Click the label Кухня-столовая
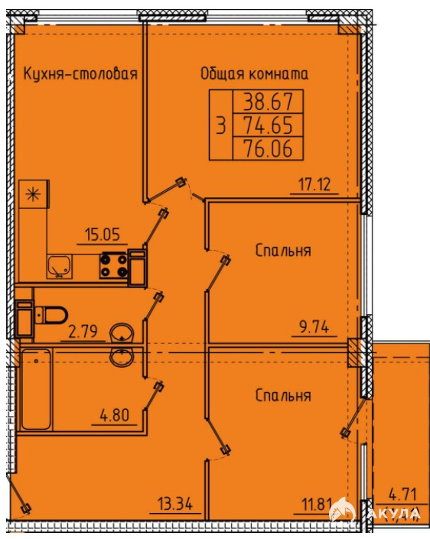80,74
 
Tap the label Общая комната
254,73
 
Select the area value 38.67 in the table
269,102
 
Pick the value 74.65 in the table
269,125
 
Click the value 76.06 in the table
269,148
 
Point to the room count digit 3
221,125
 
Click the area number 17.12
314,184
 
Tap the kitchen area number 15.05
103,235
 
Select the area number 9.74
314,326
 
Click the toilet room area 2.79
83,331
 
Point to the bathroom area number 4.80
114,415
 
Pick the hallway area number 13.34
175,505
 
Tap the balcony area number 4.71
402,495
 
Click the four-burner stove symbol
113,265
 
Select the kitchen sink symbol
60,266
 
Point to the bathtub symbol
36,389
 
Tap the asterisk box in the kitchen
34,194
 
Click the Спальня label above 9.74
283,251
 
